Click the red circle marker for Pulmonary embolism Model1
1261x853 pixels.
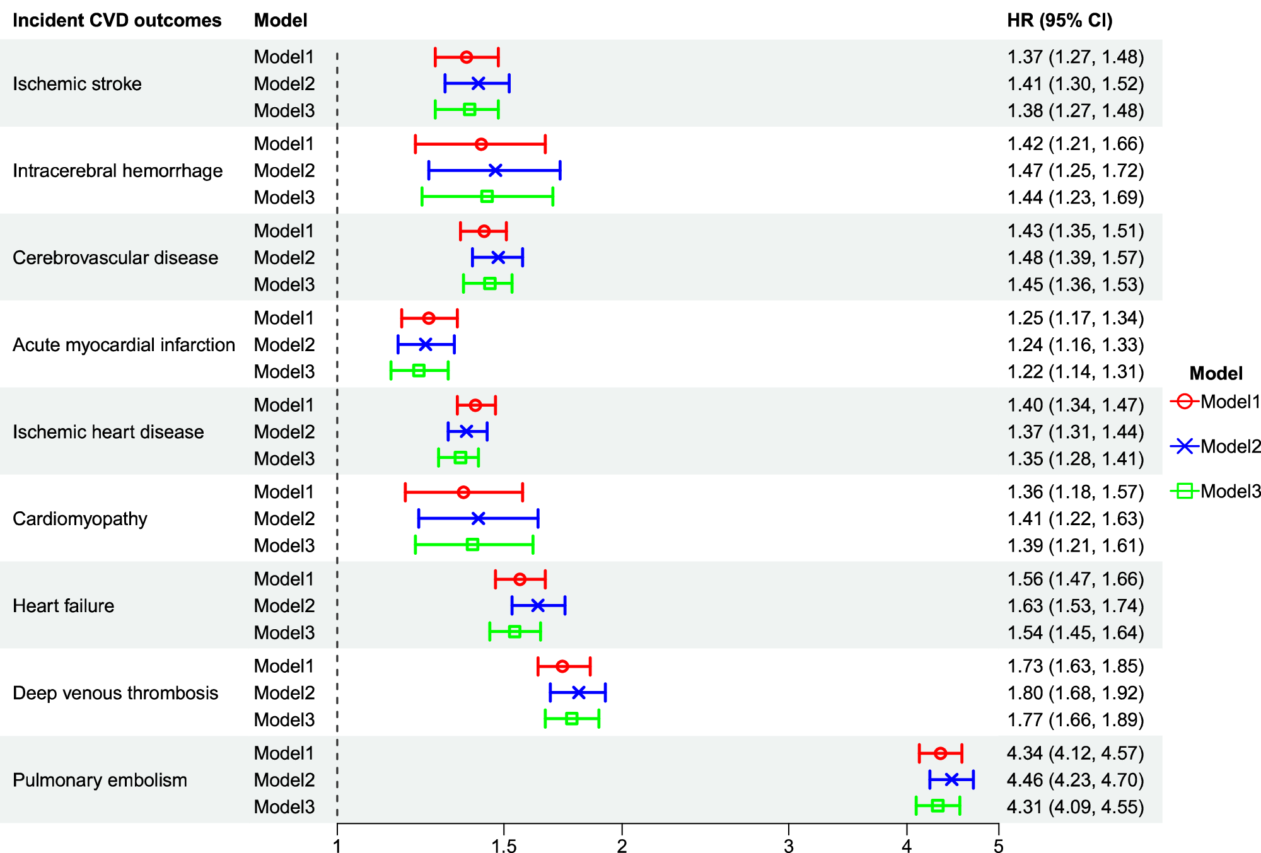point(940,753)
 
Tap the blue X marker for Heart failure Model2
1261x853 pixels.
point(537,606)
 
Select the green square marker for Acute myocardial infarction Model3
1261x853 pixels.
point(419,371)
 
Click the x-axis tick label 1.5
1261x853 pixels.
point(504,845)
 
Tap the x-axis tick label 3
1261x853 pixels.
point(788,845)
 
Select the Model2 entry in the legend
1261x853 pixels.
point(1216,446)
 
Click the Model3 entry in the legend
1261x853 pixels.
point(1216,491)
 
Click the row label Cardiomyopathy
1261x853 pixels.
point(80,519)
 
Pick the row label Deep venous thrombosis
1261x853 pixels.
point(115,693)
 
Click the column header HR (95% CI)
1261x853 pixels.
point(1059,20)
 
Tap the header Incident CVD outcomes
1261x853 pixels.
point(117,20)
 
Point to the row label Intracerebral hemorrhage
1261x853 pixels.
point(117,171)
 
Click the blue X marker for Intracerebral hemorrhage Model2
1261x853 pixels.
point(496,170)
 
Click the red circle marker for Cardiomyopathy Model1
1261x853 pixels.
point(463,492)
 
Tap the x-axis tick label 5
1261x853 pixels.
point(998,845)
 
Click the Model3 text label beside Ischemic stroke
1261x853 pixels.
point(284,110)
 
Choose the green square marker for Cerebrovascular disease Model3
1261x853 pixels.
point(489,284)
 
